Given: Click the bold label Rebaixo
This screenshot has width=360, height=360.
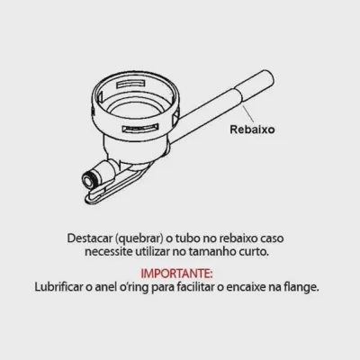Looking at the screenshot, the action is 252,130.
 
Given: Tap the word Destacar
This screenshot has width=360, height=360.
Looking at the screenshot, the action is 89,238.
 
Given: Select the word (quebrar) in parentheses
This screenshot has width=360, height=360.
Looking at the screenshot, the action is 139,239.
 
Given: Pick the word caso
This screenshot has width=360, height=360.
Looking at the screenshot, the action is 272,238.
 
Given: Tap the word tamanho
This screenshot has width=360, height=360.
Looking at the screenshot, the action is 209,251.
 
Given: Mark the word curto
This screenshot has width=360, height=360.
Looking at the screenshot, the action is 251,252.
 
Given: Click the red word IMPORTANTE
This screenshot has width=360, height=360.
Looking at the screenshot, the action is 176,274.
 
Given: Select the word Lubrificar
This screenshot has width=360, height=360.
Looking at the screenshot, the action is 58,287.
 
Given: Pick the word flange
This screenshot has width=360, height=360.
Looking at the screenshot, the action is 302,287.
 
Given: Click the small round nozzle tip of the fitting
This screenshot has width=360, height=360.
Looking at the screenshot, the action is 88,181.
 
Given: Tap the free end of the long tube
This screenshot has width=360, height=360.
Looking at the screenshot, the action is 268,78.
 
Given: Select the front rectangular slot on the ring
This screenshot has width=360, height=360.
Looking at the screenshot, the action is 140,130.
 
